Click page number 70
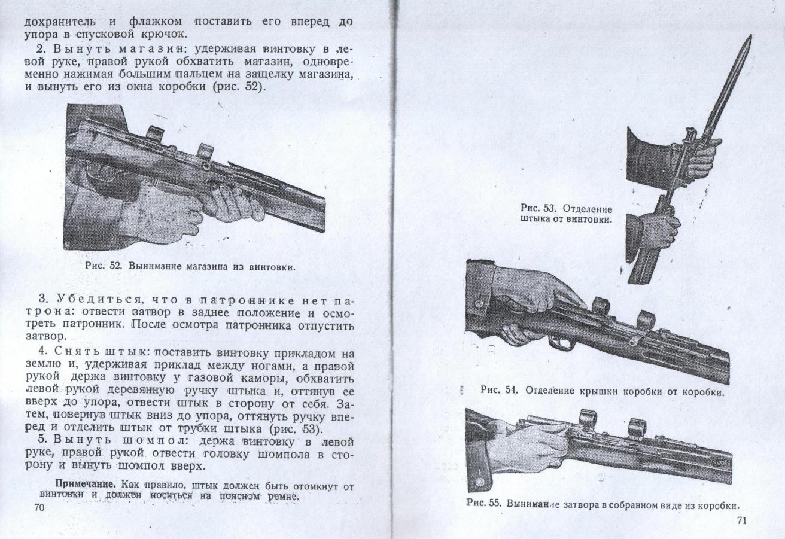tap(39, 508)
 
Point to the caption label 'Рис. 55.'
tap(483, 503)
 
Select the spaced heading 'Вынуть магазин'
tap(112, 48)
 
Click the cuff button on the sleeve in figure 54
tap(479, 304)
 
